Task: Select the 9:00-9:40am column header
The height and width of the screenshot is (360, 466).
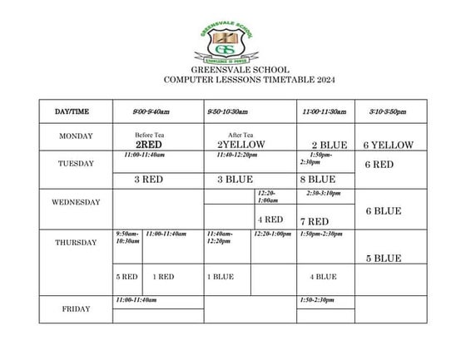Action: [151, 111]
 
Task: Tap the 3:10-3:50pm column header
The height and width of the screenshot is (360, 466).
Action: [388, 111]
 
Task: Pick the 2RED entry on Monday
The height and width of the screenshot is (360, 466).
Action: [148, 145]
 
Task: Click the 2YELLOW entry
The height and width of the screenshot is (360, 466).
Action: [240, 145]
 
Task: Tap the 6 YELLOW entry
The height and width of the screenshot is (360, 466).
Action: [388, 145]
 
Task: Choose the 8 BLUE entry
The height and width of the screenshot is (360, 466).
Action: [317, 179]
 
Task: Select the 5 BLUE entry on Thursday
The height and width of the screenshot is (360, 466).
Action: [384, 259]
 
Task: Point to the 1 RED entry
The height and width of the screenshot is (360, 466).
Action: [163, 276]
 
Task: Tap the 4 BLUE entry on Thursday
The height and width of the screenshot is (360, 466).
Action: [323, 276]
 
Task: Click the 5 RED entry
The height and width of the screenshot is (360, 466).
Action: [126, 276]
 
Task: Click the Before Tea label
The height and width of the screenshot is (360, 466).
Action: [148, 135]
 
